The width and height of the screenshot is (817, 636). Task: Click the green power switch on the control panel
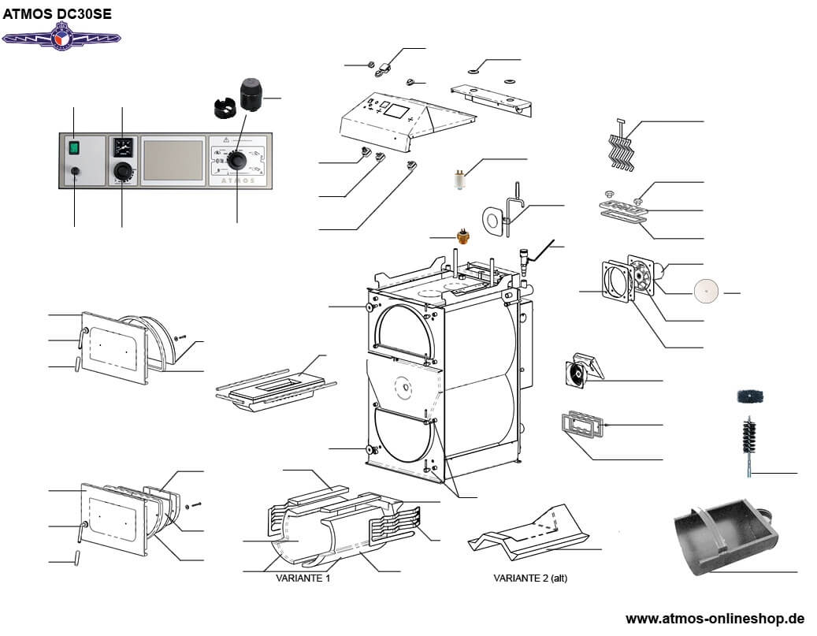[x=74, y=147]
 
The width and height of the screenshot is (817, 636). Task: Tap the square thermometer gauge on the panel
[x=122, y=146]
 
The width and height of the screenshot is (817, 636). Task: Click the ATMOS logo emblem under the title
[x=61, y=35]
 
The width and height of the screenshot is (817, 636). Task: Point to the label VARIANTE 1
[x=302, y=578]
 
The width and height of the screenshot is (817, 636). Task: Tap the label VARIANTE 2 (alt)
[x=530, y=578]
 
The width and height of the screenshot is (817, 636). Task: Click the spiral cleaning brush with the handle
[x=746, y=445]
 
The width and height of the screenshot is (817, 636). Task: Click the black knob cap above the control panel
[x=251, y=95]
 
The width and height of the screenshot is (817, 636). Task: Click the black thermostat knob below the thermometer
[x=122, y=171]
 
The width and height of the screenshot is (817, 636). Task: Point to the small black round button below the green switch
[x=74, y=171]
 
